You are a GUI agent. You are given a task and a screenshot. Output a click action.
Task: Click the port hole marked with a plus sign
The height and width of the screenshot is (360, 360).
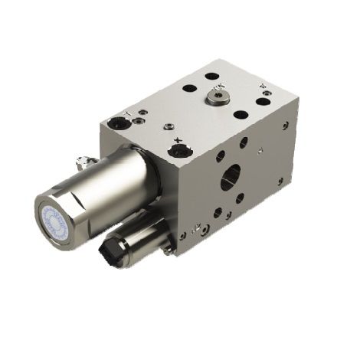(180, 149)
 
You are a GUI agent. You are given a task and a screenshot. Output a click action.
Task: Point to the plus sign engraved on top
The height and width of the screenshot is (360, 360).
(178, 139)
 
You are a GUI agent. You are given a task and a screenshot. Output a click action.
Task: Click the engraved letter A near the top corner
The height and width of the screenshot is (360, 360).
(263, 87)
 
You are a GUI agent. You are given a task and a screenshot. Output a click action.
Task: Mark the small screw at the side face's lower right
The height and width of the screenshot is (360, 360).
(280, 182)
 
